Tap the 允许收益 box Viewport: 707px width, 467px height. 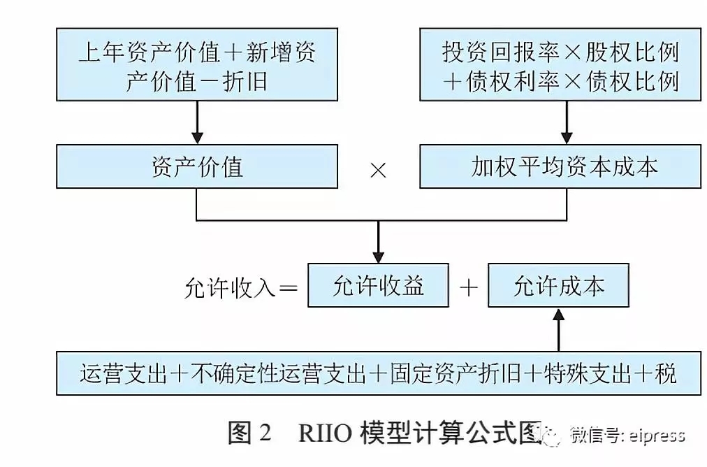coord(378,285)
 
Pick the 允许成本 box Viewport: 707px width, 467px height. coord(558,285)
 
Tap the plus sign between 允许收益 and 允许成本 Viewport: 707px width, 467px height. coord(469,287)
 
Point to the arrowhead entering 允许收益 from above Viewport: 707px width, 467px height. coord(378,256)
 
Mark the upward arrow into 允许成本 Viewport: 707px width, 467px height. coord(558,329)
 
